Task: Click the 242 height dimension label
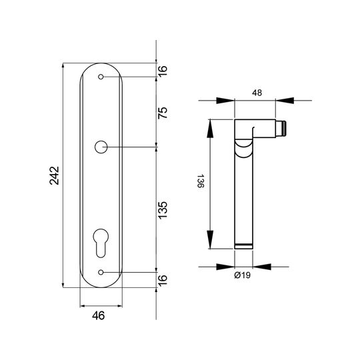pyautogui.click(x=55, y=175)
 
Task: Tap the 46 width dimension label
pyautogui.click(x=99, y=316)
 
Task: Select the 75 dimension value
pyautogui.click(x=163, y=113)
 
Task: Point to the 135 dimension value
pyautogui.click(x=163, y=210)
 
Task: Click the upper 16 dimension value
pyautogui.click(x=163, y=71)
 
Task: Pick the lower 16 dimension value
pyautogui.click(x=163, y=281)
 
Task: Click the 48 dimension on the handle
pyautogui.click(x=257, y=93)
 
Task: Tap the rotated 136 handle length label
pyautogui.click(x=201, y=181)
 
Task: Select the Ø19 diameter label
pyautogui.click(x=243, y=275)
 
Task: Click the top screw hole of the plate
pyautogui.click(x=101, y=77)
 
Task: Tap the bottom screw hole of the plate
pyautogui.click(x=101, y=272)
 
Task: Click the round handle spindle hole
pyautogui.click(x=101, y=147)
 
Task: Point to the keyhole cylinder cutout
pyautogui.click(x=101, y=243)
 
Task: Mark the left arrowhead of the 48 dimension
pyautogui.click(x=225, y=100)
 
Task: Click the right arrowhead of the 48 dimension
pyautogui.click(x=285, y=100)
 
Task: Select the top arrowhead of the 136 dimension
pyautogui.click(x=210, y=129)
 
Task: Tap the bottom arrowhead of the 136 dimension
pyautogui.click(x=210, y=239)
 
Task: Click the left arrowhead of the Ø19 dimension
pyautogui.click(x=225, y=267)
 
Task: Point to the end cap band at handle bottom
pyautogui.click(x=243, y=246)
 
